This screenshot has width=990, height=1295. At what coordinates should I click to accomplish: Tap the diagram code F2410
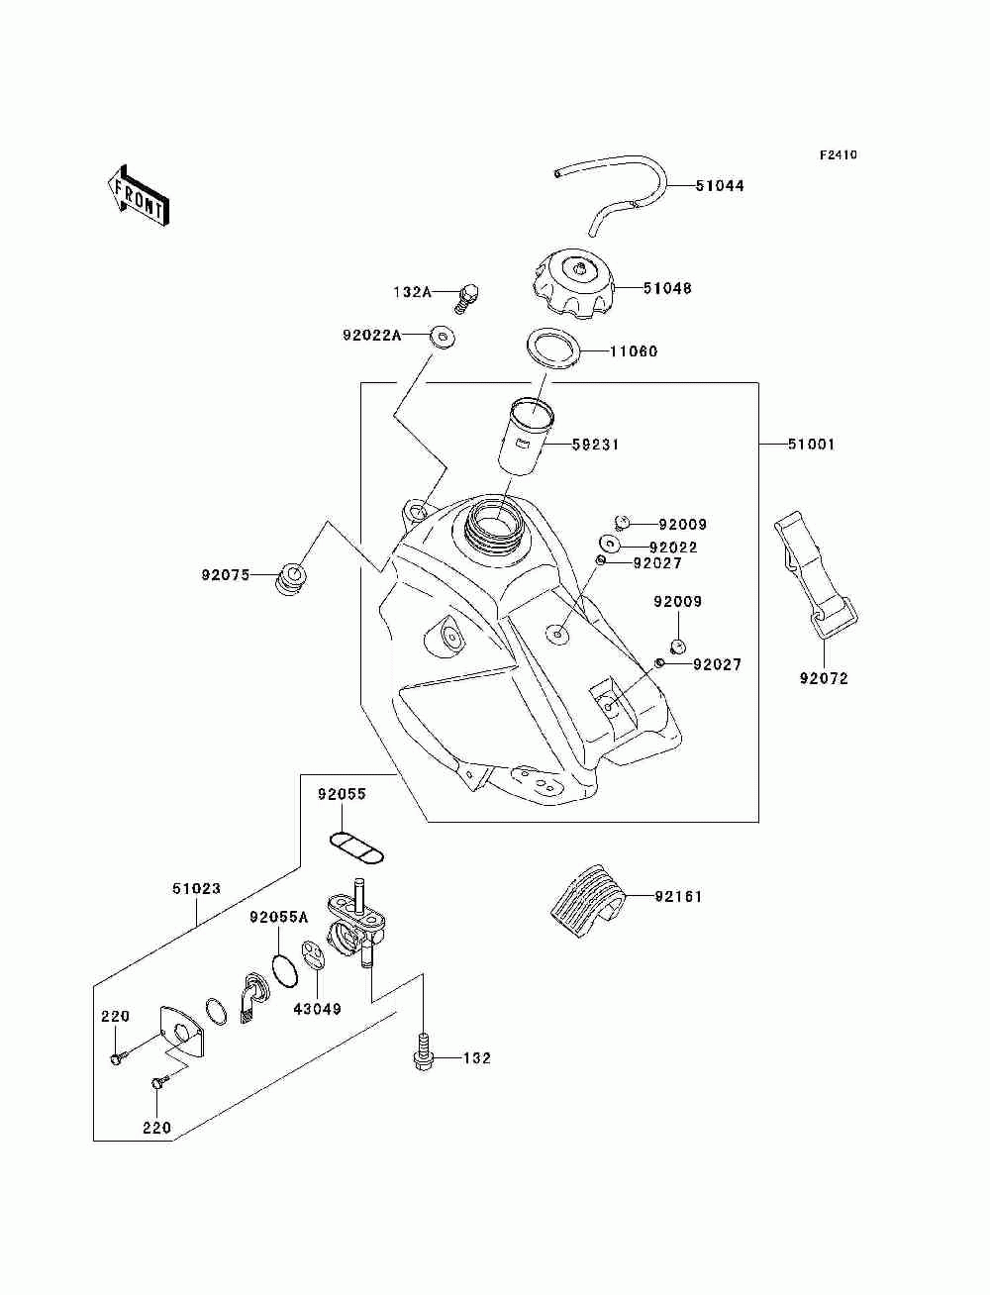[x=838, y=155]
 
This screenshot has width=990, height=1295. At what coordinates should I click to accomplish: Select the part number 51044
[x=720, y=186]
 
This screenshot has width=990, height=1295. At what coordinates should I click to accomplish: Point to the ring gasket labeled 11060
[x=553, y=349]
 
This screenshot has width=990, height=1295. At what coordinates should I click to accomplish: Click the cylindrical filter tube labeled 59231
[x=527, y=437]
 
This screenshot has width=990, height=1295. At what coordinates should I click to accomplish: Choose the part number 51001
[x=811, y=445]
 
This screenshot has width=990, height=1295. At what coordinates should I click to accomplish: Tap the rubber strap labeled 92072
[x=814, y=576]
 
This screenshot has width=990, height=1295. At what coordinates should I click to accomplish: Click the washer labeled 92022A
[x=442, y=338]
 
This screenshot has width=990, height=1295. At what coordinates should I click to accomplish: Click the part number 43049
[x=318, y=1009]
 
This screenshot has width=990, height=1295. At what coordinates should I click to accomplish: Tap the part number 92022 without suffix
[x=673, y=548]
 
